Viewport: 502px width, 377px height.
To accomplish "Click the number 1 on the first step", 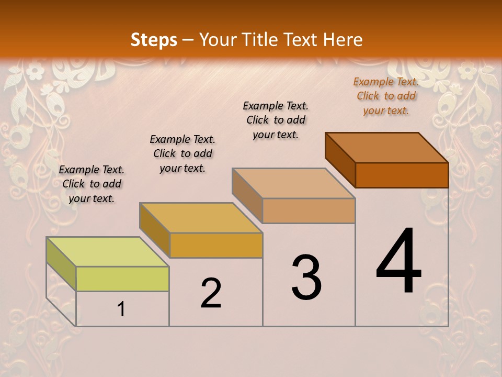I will tap(121, 309).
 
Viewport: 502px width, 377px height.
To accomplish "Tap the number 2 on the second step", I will tap(211, 293).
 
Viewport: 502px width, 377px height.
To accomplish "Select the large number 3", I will tap(306, 278).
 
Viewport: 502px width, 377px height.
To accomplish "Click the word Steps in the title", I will tap(154, 40).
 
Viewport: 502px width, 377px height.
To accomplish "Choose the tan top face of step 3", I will tap(293, 183).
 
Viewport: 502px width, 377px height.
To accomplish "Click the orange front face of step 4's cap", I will tap(402, 175).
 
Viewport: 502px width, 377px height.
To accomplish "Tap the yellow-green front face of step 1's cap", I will tap(122, 279).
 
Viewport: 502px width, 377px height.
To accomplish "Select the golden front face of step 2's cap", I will tap(216, 245).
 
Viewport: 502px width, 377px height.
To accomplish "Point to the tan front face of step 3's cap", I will tap(309, 210).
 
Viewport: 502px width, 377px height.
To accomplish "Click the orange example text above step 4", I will tap(386, 96).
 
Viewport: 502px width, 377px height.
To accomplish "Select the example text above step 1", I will tap(92, 184).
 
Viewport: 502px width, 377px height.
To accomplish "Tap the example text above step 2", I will tap(182, 153).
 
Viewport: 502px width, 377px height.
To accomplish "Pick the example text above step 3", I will tap(276, 120).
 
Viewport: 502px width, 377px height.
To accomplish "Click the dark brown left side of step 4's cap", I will tap(340, 160).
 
